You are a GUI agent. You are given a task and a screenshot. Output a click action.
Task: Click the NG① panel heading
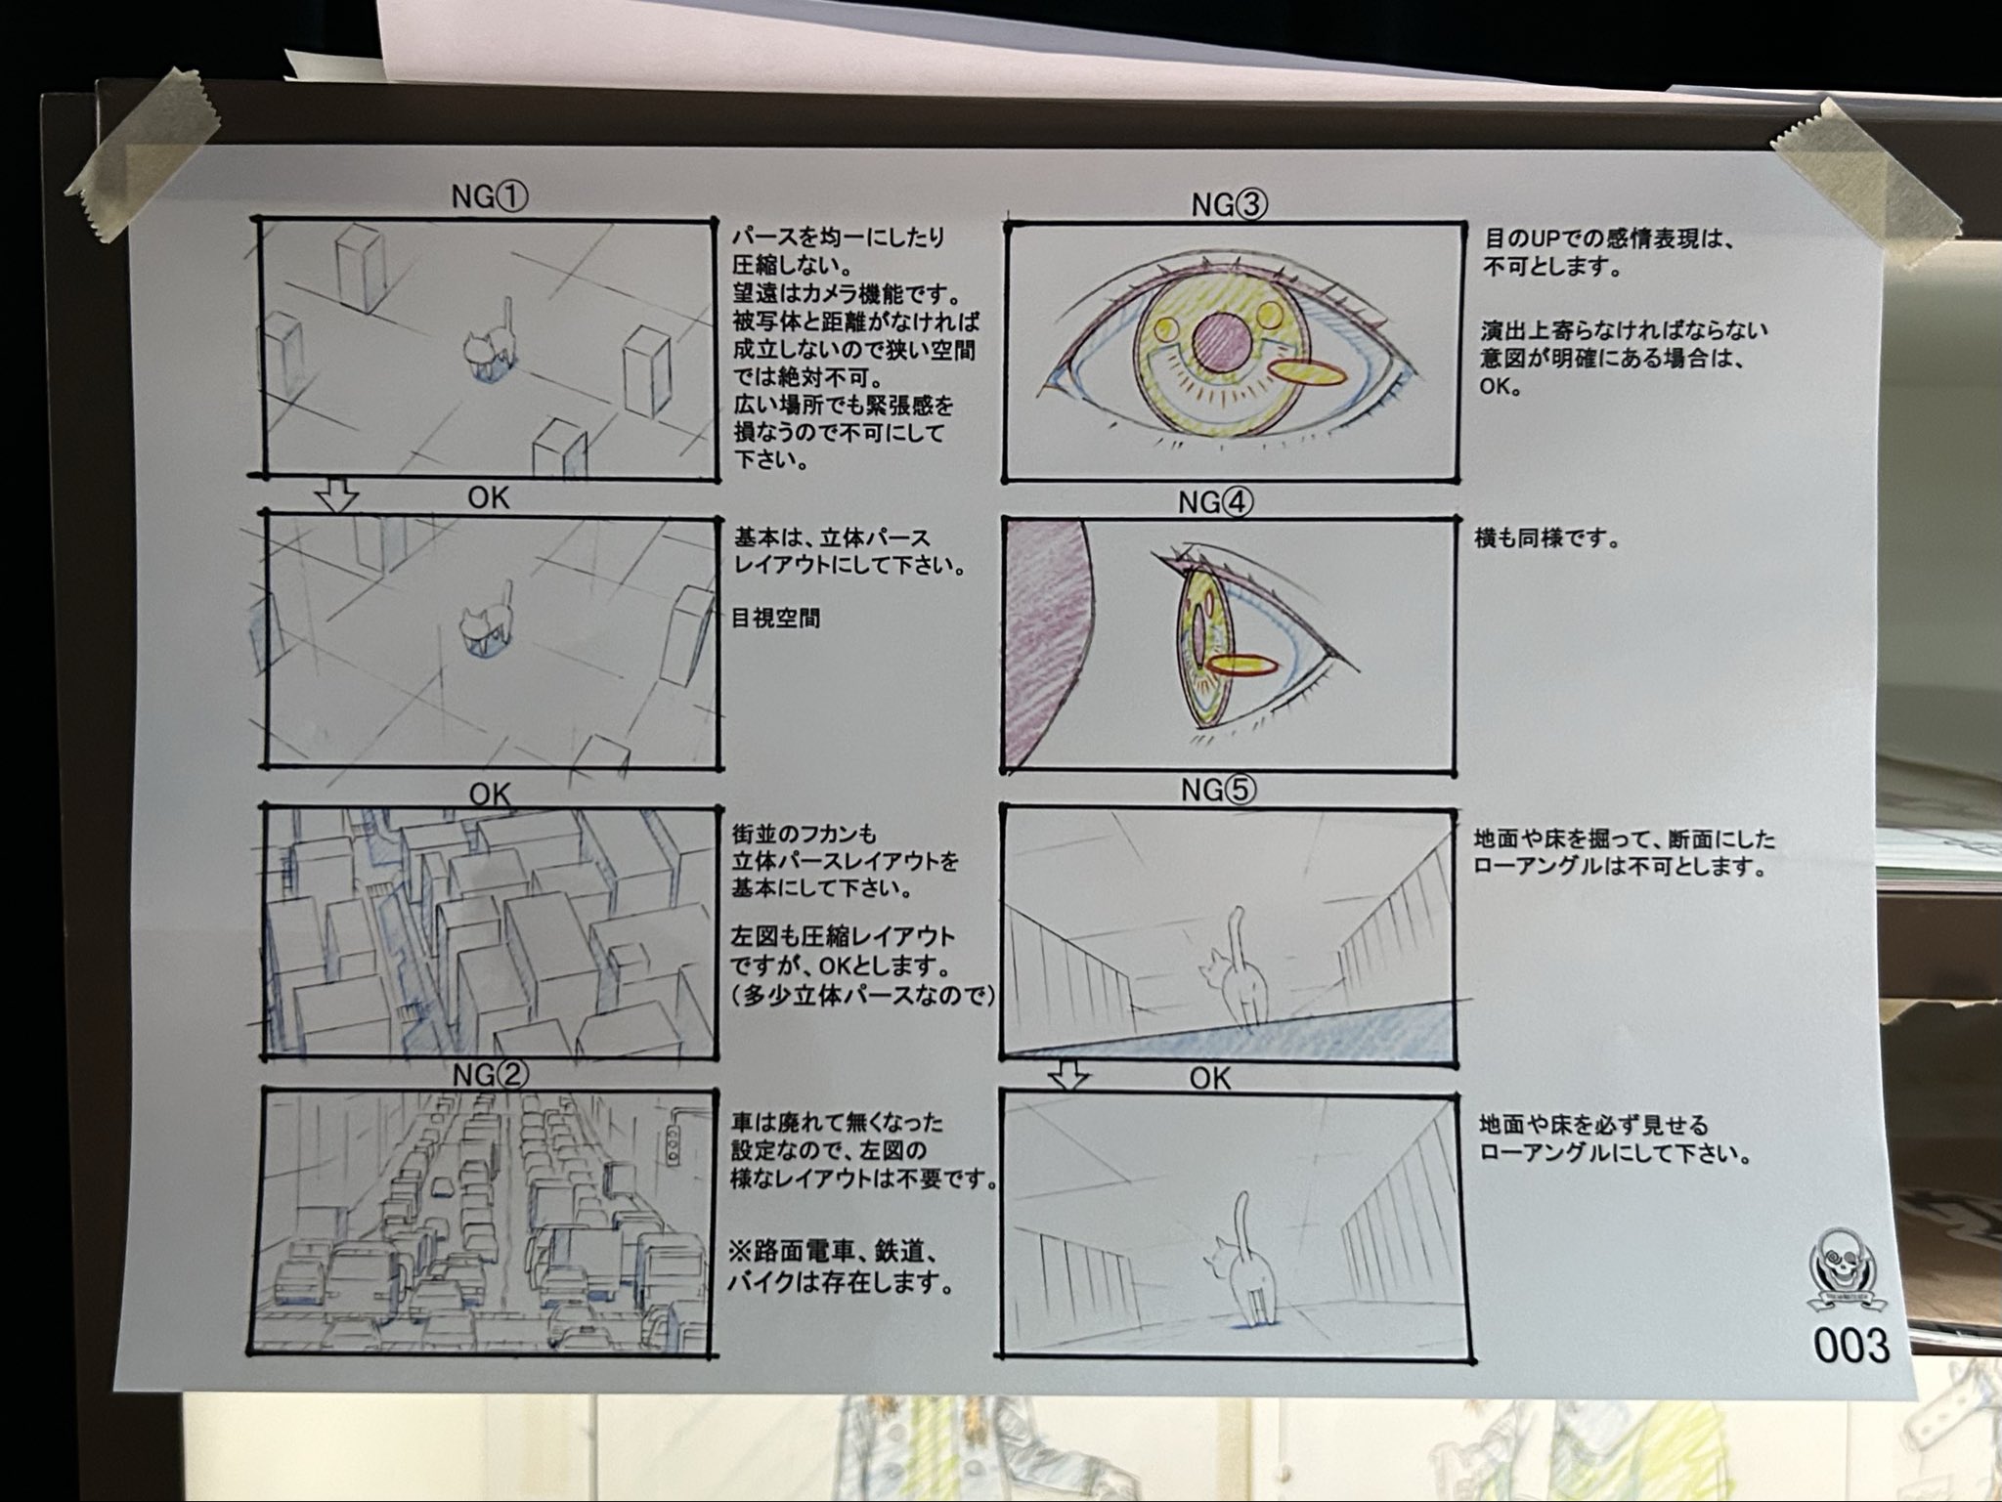click(x=490, y=198)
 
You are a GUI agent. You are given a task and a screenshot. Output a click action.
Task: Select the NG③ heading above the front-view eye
click(x=1229, y=205)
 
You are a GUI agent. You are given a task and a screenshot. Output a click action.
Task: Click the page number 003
click(x=1850, y=1346)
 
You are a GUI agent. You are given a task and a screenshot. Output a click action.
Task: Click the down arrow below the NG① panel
click(x=337, y=496)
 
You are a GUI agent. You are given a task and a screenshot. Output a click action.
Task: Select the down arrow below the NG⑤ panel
click(x=1068, y=1075)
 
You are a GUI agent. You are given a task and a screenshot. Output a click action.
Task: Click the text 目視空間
click(x=776, y=619)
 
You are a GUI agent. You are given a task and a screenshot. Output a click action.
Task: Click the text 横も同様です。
click(x=1547, y=539)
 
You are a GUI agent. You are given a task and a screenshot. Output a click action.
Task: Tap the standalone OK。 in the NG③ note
click(x=1502, y=386)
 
